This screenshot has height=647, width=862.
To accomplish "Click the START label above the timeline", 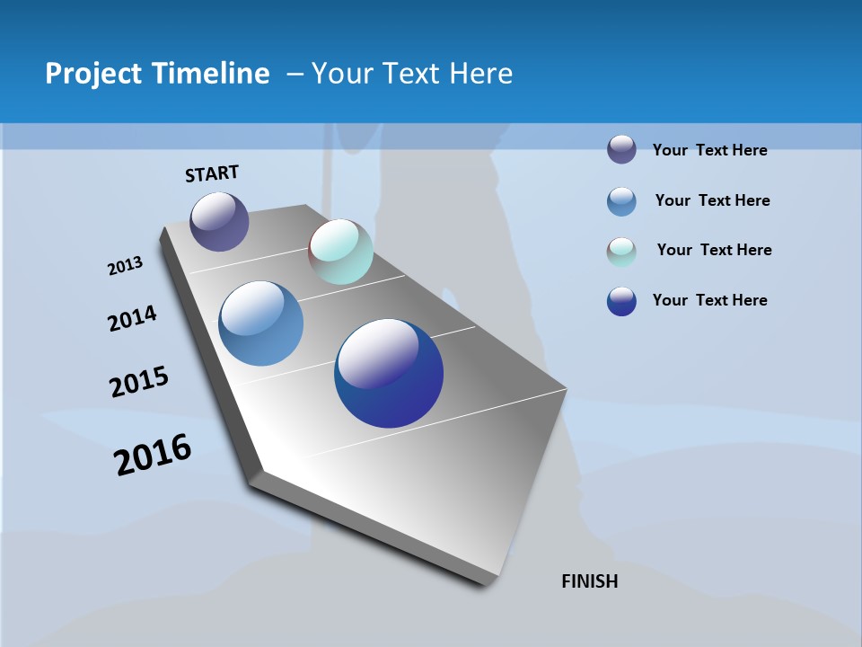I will [x=212, y=173].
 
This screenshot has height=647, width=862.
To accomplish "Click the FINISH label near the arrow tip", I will [x=589, y=581].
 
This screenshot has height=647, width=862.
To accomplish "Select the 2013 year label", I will [x=125, y=266].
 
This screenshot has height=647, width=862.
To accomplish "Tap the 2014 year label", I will [x=132, y=319].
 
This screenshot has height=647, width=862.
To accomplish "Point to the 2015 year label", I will [x=139, y=382].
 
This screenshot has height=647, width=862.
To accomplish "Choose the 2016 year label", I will [x=153, y=455].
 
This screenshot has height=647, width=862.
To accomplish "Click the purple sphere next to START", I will [x=219, y=221].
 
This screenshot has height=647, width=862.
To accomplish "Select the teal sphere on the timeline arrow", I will [x=340, y=252].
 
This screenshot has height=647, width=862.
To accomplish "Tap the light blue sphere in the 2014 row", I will [x=260, y=323].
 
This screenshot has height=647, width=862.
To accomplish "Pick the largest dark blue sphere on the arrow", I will [x=389, y=373].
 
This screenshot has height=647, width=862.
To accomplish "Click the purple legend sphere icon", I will [x=621, y=149].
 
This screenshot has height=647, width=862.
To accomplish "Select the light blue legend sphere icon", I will [x=621, y=201].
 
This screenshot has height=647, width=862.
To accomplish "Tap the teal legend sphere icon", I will [x=621, y=252].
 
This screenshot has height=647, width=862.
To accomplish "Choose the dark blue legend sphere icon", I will [x=621, y=301].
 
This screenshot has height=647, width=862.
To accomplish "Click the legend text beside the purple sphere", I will [x=709, y=150].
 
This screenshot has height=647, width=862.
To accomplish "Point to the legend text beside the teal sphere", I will [x=714, y=250].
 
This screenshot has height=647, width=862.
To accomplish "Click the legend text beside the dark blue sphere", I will [x=709, y=300].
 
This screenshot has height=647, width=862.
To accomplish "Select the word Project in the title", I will [x=93, y=74].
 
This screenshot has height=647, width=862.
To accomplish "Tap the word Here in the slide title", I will [x=480, y=74].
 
